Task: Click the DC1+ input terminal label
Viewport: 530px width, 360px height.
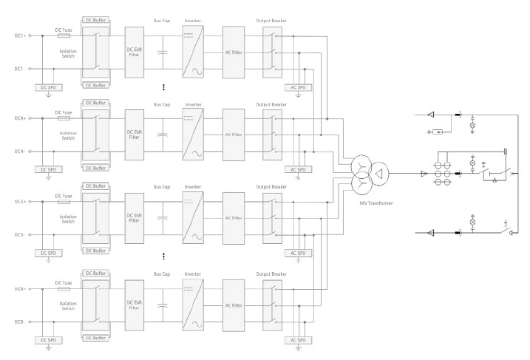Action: (x=20, y=35)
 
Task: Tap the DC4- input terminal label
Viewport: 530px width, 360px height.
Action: (x=19, y=152)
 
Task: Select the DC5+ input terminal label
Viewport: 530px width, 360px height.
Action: (x=20, y=202)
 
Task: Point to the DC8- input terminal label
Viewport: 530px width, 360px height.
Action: (x=19, y=322)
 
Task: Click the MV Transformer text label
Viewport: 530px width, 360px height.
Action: (x=376, y=203)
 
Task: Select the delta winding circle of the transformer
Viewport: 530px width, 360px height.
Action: (x=378, y=174)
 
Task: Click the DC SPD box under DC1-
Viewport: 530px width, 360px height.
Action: (x=48, y=87)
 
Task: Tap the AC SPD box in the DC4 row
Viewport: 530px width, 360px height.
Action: (x=298, y=169)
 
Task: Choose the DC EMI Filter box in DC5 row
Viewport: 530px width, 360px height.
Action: (x=135, y=218)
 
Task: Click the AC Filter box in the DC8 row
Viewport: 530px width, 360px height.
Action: (x=234, y=305)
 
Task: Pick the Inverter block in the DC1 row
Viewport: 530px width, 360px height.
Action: (x=193, y=52)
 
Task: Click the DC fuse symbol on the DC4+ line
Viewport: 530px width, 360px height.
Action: (x=64, y=118)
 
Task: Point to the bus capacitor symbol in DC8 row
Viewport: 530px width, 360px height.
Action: (x=163, y=305)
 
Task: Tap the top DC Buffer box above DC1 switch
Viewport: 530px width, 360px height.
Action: (x=95, y=20)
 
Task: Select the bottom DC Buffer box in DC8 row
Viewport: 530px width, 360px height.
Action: (x=95, y=338)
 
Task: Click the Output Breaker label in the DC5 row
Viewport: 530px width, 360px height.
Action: (x=271, y=187)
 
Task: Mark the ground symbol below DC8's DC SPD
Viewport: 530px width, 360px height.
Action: (x=48, y=348)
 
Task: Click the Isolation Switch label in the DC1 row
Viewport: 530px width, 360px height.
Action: (x=68, y=54)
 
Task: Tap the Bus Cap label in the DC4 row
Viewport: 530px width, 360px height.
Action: (x=162, y=105)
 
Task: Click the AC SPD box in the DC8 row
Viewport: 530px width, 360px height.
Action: (x=298, y=340)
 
